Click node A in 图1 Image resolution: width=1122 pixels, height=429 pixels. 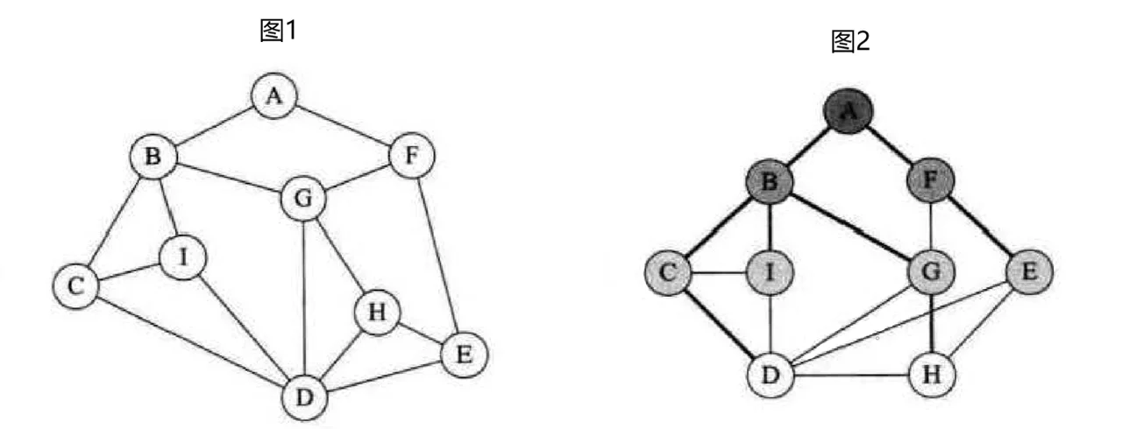pyautogui.click(x=274, y=95)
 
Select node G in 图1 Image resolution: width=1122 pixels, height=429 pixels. pyautogui.click(x=302, y=200)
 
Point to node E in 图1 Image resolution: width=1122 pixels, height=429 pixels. pyautogui.click(x=463, y=355)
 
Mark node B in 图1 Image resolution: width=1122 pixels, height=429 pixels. pyautogui.click(x=153, y=158)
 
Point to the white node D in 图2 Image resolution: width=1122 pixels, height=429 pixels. pyautogui.click(x=770, y=375)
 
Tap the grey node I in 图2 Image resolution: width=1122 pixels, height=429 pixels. pyautogui.click(x=770, y=272)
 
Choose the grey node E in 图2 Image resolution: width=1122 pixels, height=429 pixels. pyautogui.click(x=1030, y=272)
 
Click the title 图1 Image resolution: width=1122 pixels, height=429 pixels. pyautogui.click(x=280, y=32)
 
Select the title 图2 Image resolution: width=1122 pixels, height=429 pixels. pyautogui.click(x=850, y=41)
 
